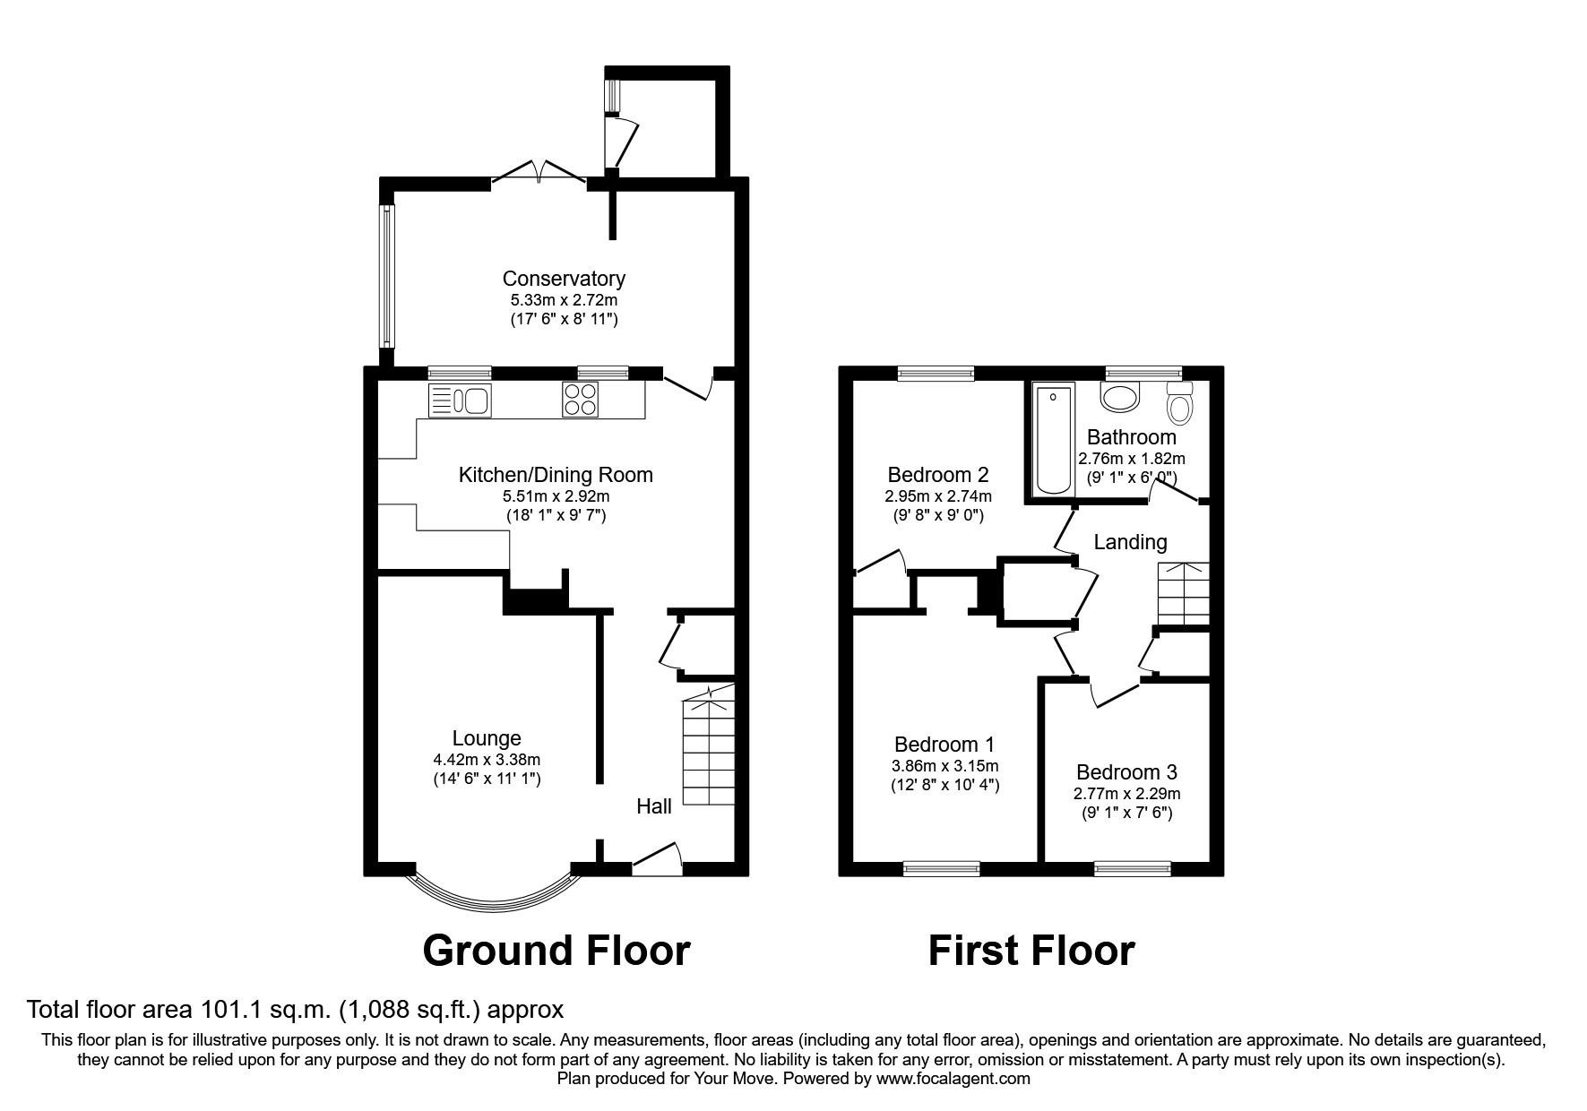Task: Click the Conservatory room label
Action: tap(563, 279)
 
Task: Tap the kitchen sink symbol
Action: tap(459, 400)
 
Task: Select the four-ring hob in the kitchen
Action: tap(579, 400)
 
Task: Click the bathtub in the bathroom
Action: tap(1054, 437)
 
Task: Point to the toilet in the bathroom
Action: tap(1181, 404)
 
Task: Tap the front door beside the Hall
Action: tap(657, 858)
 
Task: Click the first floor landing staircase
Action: tap(1183, 593)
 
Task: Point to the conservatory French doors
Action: tap(539, 172)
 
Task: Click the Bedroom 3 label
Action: tap(1126, 772)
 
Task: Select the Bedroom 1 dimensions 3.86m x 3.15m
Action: tap(945, 766)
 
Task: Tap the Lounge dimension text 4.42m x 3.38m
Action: tap(487, 760)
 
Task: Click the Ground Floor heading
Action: tap(556, 951)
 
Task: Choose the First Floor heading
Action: tap(1031, 951)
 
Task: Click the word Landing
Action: tap(1130, 542)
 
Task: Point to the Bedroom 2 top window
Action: tap(936, 374)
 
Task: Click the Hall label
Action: tap(654, 806)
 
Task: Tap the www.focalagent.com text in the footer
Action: tap(953, 1079)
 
